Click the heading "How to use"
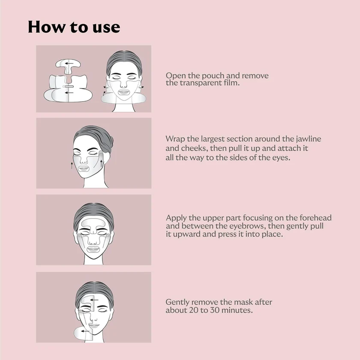coord(74,27)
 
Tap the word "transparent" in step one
coord(201,83)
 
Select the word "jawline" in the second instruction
coord(308,139)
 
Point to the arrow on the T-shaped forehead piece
coord(69,63)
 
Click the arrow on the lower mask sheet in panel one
coord(69,93)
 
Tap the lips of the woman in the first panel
coord(124,93)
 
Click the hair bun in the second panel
coord(111,141)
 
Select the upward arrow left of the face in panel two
coord(72,165)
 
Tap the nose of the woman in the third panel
coord(93,241)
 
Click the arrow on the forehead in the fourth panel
coord(94,300)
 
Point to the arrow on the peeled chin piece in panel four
coord(85,331)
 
